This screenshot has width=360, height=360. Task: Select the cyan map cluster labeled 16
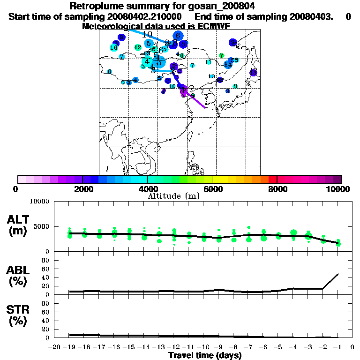point(113,48)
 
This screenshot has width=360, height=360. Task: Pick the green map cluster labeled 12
point(138,47)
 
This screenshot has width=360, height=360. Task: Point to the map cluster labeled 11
point(208,62)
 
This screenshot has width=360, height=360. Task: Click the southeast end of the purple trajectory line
point(205,108)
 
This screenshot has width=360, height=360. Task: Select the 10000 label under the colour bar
point(341,189)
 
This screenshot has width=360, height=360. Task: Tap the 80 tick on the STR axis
point(46,303)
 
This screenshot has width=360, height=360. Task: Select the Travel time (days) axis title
point(205,356)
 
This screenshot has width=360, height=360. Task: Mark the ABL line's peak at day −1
point(337,274)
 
